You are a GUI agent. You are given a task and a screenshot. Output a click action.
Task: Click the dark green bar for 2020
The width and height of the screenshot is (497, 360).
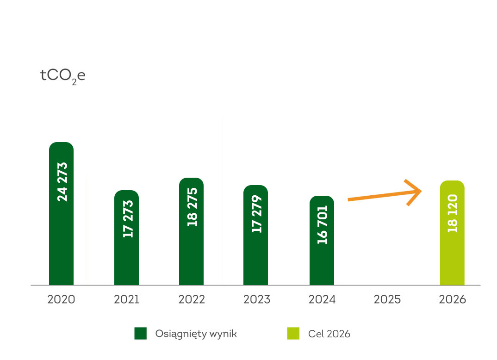[61, 241]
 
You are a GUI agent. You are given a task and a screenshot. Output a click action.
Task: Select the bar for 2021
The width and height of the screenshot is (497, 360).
[126, 259]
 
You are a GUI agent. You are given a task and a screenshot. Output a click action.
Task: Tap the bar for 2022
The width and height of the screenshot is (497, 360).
[191, 254]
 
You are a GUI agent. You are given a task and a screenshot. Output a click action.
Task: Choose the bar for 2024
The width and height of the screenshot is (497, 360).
[322, 264]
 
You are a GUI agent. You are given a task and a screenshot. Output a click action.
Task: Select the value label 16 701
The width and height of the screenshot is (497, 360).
[323, 224]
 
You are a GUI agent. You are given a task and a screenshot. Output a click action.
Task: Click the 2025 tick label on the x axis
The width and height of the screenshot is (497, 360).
[387, 299]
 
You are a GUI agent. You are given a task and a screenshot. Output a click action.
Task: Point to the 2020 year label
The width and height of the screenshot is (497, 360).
[61, 299]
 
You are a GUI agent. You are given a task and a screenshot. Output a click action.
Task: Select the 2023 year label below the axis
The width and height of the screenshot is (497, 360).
[257, 299]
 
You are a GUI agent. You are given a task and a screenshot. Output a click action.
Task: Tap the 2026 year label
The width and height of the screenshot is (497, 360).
[453, 299]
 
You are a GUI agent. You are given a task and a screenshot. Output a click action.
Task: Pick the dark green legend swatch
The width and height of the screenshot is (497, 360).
[140, 333]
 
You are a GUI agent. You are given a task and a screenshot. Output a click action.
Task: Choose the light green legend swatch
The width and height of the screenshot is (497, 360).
[293, 333]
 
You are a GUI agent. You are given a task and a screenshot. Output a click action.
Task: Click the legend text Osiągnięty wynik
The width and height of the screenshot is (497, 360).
[196, 334]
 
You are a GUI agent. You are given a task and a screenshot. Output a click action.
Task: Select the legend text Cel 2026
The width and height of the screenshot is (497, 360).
[329, 334]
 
